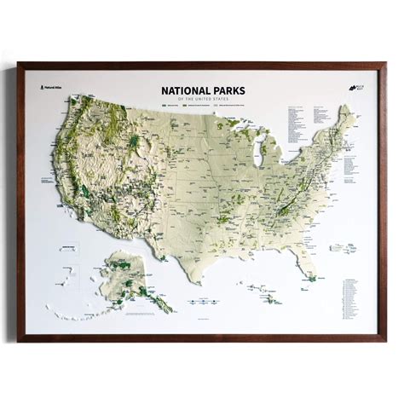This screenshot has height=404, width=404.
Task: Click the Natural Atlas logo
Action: [x=50, y=87]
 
